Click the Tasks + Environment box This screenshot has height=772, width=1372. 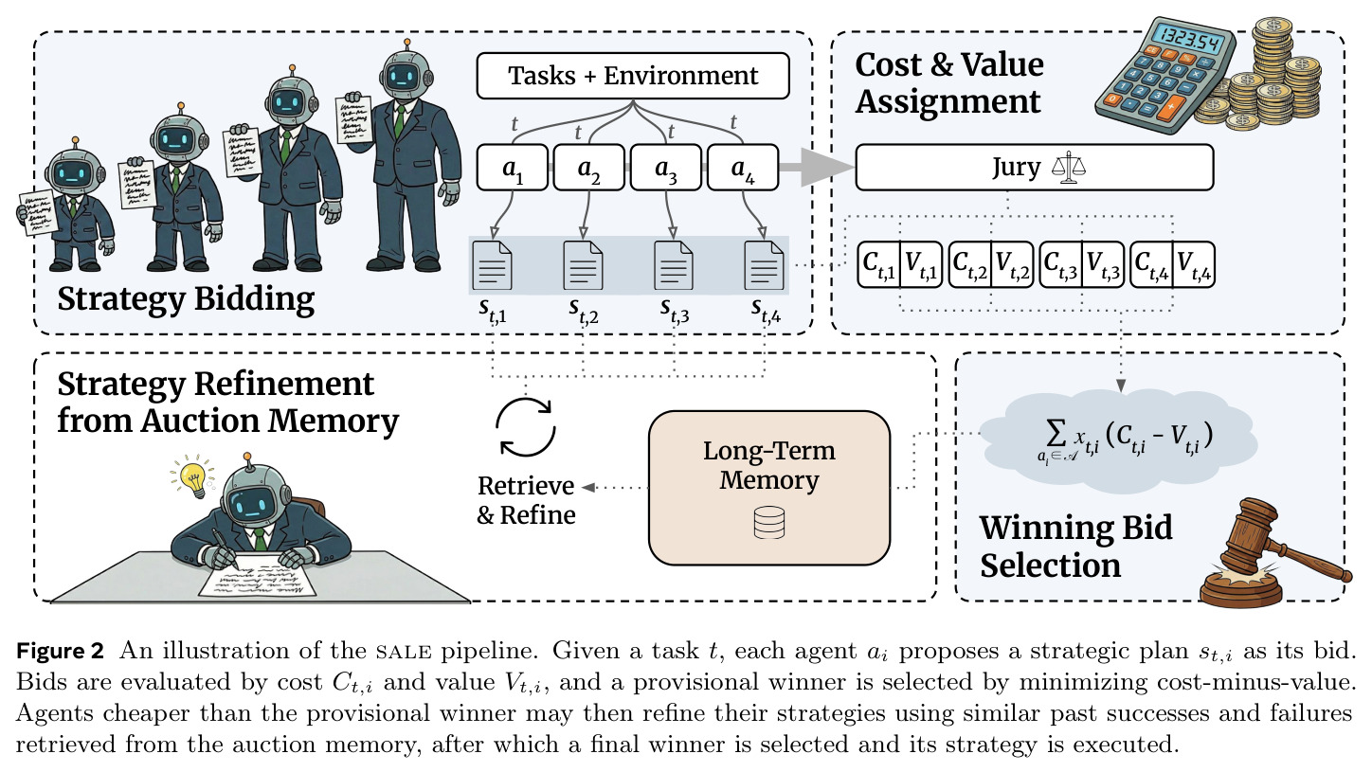coord(633,76)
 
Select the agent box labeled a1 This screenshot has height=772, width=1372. coord(512,167)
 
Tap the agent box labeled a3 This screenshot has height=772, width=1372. coord(666,167)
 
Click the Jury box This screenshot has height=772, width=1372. coord(1035,167)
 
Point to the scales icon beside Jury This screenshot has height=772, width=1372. coord(1069,167)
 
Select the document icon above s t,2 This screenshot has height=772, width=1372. coord(583,265)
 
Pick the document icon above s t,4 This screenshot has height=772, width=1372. coord(764,265)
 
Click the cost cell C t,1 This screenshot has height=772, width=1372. coord(879,264)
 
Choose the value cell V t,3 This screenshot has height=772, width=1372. coord(1103,264)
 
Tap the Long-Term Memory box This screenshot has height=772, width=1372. coord(769,487)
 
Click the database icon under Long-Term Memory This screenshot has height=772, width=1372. coord(769,522)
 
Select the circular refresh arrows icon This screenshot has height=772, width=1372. coord(525,426)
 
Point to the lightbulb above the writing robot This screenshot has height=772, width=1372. coord(193,477)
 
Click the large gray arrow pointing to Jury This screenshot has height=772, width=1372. coord(817,167)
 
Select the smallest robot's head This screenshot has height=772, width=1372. coord(75,172)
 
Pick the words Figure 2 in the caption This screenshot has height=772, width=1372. coord(60,650)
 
